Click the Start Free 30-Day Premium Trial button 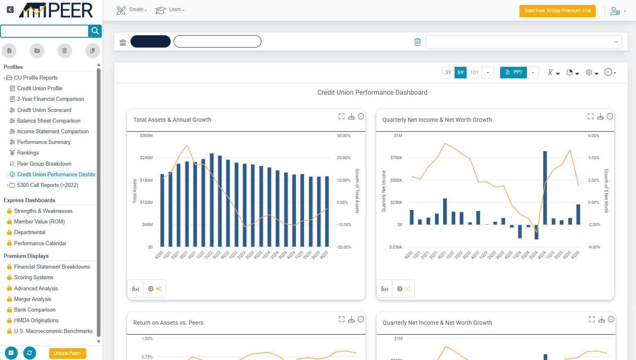point(557,11)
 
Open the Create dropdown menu point(132,10)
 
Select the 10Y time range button point(474,73)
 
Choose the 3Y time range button point(448,73)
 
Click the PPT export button point(514,73)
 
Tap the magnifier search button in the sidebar point(95,31)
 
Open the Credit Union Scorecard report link point(44,110)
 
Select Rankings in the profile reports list point(28,153)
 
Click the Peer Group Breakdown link point(44,164)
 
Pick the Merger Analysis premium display point(32,299)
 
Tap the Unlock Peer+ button point(67,353)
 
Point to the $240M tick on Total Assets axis point(146,158)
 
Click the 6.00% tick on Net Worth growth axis point(593,136)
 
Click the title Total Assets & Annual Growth point(172,120)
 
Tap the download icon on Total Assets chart point(351,116)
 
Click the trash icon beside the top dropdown point(417,42)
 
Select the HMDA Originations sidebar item point(36,320)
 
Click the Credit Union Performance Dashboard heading point(372,93)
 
